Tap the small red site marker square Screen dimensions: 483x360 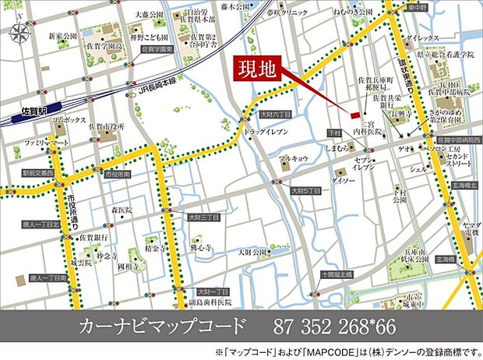[354, 115]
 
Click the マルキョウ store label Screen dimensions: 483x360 [295, 158]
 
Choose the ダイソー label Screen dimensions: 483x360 [343, 180]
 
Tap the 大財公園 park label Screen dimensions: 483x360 [252, 252]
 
